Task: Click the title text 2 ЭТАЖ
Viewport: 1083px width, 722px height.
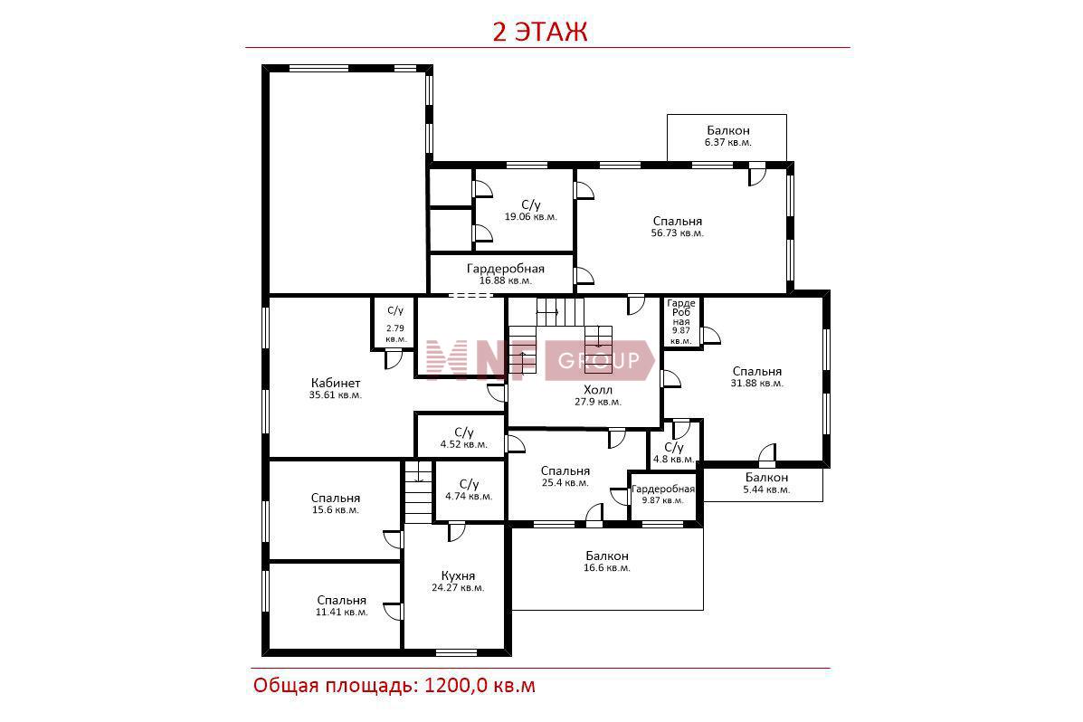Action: pos(539,32)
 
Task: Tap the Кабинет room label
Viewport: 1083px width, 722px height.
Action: pos(336,383)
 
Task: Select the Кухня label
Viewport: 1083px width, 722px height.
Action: pos(458,575)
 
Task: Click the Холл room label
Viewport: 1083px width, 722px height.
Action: pos(598,390)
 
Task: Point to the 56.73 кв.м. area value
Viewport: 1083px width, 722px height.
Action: pos(677,233)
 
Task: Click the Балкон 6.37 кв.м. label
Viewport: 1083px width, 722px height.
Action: pos(728,136)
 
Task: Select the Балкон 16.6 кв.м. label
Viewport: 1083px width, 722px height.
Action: pos(607,561)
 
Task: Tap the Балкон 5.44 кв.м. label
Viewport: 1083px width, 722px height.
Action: pos(766,483)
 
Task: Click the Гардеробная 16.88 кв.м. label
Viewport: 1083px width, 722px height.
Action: pos(506,274)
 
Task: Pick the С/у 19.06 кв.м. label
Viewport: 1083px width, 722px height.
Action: pos(530,211)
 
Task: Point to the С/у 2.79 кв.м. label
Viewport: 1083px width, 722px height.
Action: pos(395,325)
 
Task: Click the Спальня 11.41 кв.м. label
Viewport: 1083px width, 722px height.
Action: pos(342,606)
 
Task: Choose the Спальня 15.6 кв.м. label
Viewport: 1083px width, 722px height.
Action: pos(336,504)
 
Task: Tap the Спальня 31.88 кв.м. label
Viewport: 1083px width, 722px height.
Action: pos(757,376)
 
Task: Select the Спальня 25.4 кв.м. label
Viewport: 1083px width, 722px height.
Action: pos(565,477)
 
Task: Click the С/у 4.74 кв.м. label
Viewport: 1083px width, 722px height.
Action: pos(469,489)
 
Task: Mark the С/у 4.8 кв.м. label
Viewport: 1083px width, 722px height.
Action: pos(673,453)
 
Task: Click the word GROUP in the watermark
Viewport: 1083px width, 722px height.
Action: pos(598,361)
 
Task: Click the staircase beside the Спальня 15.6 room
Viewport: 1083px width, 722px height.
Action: pos(418,492)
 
